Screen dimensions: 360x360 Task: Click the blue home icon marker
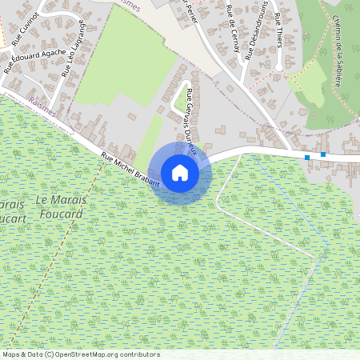(180, 173)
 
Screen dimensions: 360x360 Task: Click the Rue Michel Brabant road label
(130, 170)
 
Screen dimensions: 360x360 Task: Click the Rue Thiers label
(278, 30)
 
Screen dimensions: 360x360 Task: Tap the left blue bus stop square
(307, 158)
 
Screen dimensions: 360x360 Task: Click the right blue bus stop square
(323, 154)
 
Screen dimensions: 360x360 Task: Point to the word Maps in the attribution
(11, 354)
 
